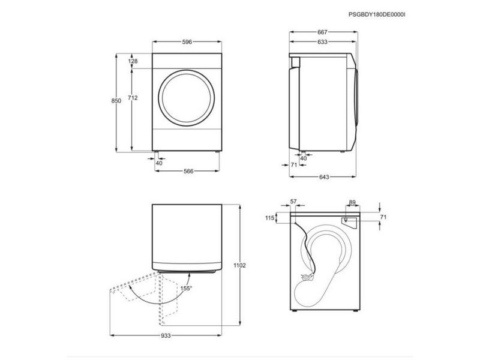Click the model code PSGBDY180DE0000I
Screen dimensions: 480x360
[377, 14]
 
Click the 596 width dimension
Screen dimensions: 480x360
[187, 41]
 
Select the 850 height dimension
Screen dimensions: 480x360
[116, 100]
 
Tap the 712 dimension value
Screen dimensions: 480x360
[133, 98]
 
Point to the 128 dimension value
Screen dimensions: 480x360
[133, 61]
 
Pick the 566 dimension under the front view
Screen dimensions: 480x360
[188, 171]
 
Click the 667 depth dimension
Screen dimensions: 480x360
[322, 32]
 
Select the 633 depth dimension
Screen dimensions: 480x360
[322, 41]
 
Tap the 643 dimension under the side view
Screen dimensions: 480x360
[324, 177]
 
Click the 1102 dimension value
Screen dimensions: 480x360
[239, 265]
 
